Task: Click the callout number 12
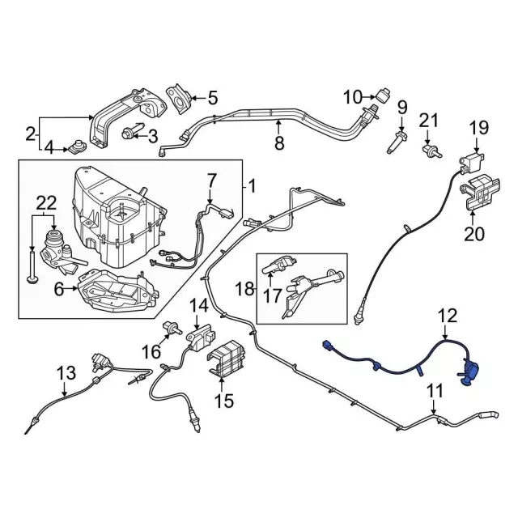(x=447, y=316)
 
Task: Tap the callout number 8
(x=279, y=144)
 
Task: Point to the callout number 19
(x=479, y=127)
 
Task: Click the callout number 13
(x=66, y=373)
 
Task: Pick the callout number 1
(x=251, y=187)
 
